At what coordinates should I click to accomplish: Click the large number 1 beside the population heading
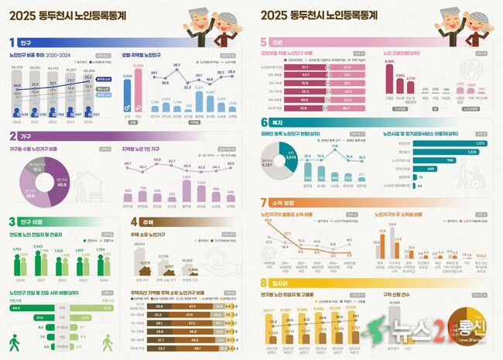point(12,43)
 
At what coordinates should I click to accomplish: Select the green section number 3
point(12,221)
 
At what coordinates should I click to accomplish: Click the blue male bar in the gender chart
point(128,98)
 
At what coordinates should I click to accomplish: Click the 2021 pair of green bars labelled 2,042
point(39,263)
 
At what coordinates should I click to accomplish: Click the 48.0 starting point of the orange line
point(269,221)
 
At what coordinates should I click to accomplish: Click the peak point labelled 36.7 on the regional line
point(176,69)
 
